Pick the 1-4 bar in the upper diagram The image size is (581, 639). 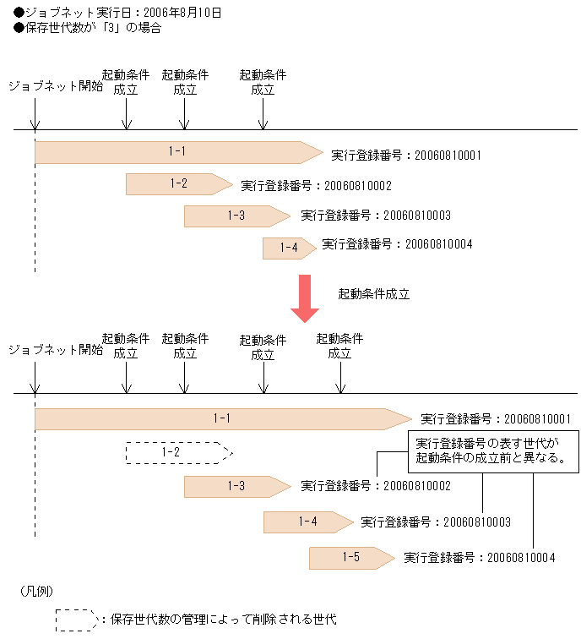pos(289,248)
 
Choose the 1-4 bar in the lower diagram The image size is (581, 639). pos(307,522)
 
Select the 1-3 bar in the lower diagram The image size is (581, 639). pos(236,486)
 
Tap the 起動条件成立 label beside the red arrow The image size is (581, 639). pos(373,295)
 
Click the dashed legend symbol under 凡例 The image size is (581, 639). pos(77,620)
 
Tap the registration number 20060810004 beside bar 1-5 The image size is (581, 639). pos(520,558)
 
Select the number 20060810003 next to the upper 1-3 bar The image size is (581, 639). pos(416,216)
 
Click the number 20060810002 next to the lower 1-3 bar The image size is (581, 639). pos(416,486)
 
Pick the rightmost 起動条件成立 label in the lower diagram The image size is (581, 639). pos(339,347)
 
